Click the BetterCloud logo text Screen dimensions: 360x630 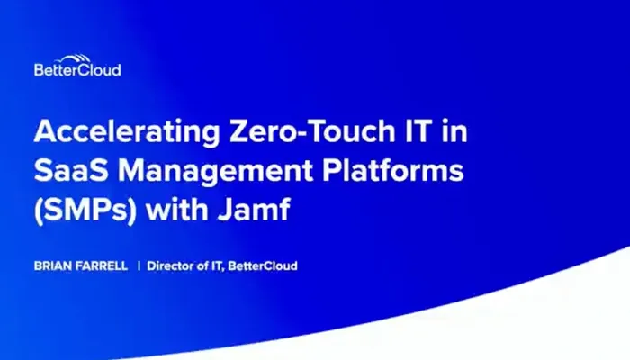coord(76,69)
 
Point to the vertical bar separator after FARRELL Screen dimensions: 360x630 coord(139,266)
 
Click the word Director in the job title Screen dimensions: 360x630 coord(170,266)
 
